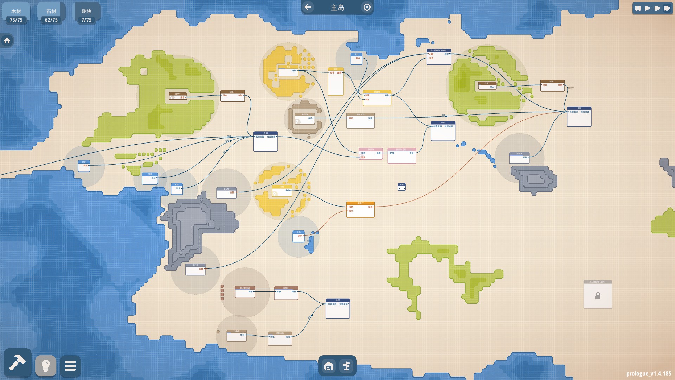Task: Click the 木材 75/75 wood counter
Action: point(16,15)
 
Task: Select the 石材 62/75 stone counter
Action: point(51,15)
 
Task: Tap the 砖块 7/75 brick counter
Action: point(86,15)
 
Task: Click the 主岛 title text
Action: point(337,7)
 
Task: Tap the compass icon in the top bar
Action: point(367,7)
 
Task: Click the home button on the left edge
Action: point(7,41)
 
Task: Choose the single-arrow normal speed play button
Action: point(648,8)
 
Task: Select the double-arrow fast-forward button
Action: point(657,8)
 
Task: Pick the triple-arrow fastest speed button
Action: point(667,8)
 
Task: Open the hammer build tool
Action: point(17,363)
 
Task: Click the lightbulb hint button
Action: point(46,366)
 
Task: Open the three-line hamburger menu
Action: point(70,366)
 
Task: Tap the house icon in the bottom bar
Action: point(329,366)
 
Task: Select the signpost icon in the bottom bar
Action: point(346,366)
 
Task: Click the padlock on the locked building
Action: point(598,296)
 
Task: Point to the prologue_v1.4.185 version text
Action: point(649,373)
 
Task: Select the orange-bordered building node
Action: point(360,210)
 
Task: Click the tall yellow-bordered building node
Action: point(336,82)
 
